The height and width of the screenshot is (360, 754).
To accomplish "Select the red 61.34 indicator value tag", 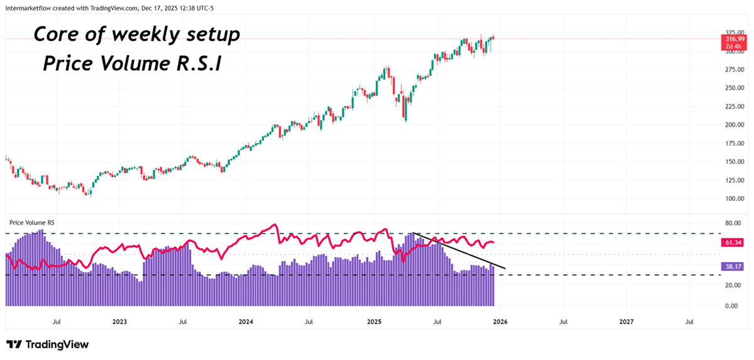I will [733, 242].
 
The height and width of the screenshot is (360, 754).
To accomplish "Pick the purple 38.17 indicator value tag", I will [733, 266].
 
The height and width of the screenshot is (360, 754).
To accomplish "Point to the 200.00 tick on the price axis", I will [733, 124].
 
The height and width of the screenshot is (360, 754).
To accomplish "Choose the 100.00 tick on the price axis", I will [733, 199].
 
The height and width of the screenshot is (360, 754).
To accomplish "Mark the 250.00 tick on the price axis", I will [733, 88].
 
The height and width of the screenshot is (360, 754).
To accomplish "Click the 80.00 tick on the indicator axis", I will [730, 223].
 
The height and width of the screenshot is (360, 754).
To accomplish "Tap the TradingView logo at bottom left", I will [47, 344].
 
